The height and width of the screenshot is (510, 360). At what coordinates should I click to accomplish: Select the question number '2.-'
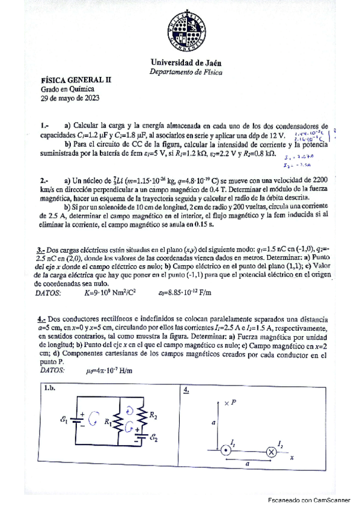click(45, 180)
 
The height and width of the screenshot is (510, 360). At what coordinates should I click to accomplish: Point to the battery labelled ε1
click(76, 422)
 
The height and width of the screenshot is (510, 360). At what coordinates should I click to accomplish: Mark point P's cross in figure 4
click(225, 401)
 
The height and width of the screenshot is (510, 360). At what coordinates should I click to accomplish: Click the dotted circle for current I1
click(225, 450)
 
